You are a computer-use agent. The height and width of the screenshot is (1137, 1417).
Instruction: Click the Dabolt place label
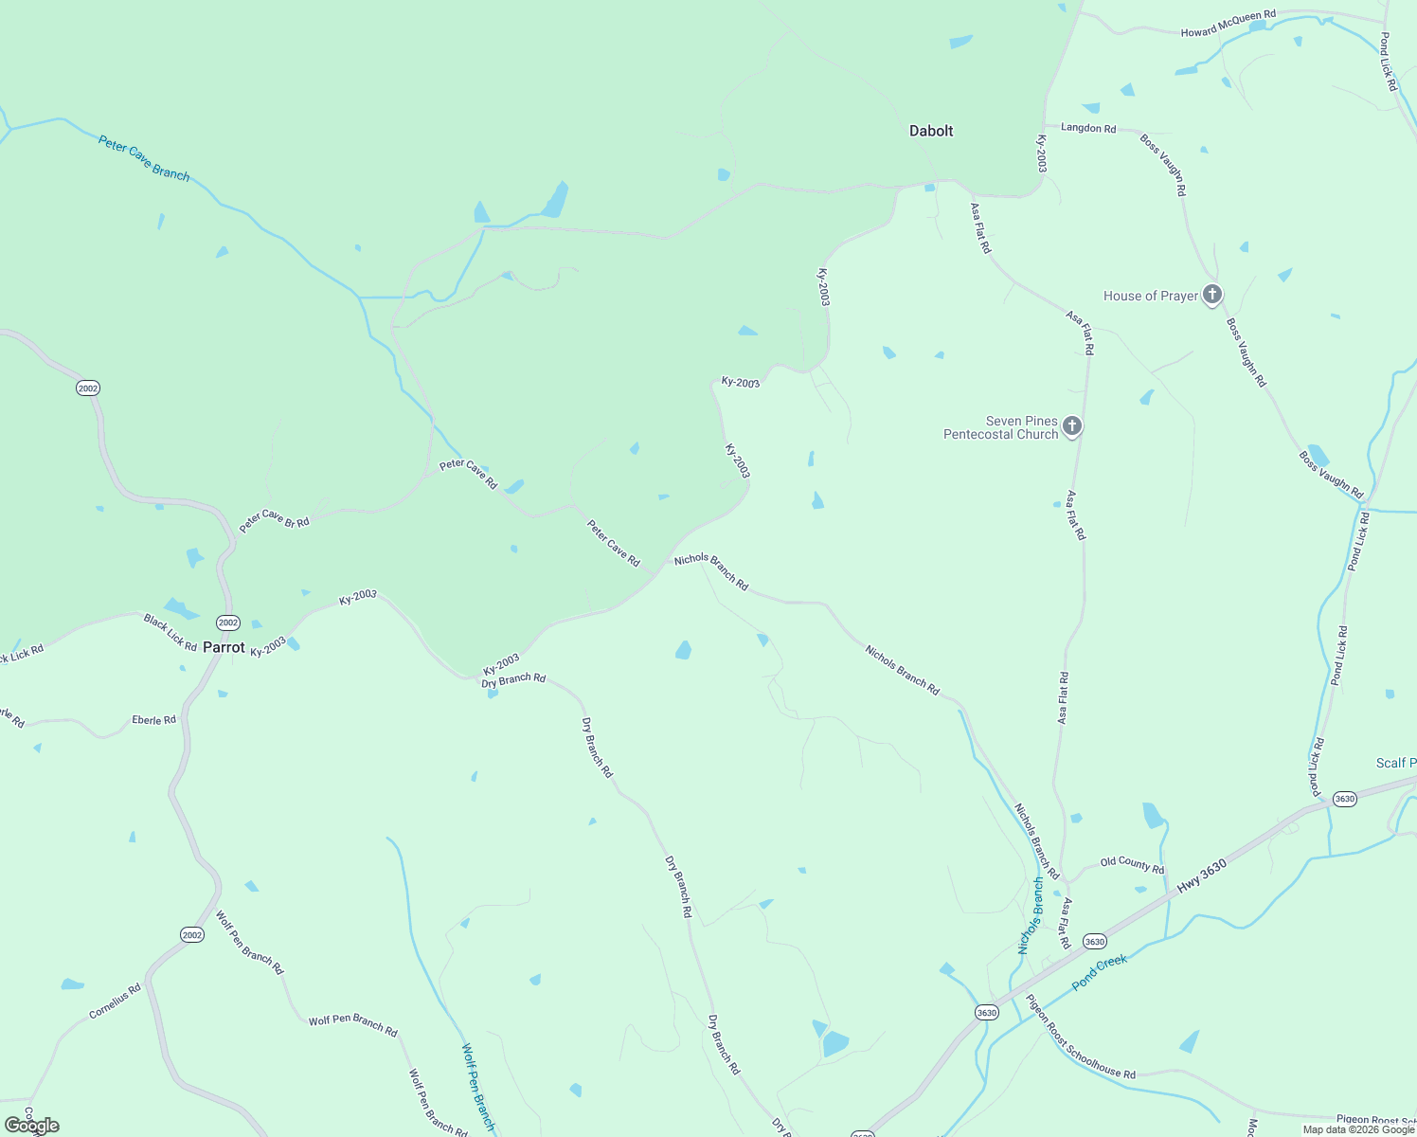(931, 131)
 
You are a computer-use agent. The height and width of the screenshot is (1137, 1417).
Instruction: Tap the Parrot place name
(224, 648)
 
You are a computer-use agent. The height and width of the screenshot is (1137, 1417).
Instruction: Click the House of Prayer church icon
(1212, 295)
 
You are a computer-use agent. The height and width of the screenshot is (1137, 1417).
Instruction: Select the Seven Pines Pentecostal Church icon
(1072, 426)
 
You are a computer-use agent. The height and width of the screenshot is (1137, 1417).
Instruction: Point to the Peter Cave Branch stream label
(144, 158)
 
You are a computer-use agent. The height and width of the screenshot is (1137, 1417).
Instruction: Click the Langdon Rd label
(1088, 128)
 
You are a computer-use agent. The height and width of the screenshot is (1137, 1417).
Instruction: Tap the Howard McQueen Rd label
(1228, 25)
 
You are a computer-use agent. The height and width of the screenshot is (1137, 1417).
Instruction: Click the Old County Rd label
(1132, 863)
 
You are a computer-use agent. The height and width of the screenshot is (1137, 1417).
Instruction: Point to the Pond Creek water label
(1100, 973)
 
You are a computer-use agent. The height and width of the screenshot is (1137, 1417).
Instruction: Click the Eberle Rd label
(153, 720)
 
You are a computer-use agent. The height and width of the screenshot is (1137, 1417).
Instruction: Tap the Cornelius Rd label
(115, 1002)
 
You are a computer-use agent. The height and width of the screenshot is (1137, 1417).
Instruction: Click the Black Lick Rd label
(170, 633)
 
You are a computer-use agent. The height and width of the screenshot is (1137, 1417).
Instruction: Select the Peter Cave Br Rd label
(274, 521)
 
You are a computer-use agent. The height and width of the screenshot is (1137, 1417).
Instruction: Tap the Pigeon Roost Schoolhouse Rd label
(1080, 1037)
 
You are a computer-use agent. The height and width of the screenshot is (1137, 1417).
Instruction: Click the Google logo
(32, 1126)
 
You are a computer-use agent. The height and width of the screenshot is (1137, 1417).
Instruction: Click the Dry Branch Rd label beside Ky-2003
(513, 679)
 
